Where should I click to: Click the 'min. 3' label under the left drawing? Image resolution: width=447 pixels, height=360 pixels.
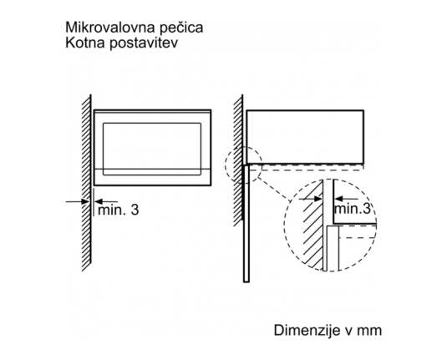click(x=119, y=210)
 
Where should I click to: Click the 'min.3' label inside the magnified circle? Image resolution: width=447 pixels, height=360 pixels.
click(x=353, y=208)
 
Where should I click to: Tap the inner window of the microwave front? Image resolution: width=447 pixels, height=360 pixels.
click(x=152, y=149)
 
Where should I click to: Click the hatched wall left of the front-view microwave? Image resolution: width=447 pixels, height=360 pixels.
click(x=86, y=182)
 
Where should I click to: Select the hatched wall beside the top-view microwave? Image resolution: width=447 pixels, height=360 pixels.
click(x=238, y=160)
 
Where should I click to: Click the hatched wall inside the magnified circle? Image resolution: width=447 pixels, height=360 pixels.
click(x=312, y=228)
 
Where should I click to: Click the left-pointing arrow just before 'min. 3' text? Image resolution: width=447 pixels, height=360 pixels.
click(x=106, y=201)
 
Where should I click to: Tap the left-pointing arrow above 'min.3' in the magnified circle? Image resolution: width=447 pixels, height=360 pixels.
click(x=347, y=199)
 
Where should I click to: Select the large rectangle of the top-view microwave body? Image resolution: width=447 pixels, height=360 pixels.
click(x=305, y=137)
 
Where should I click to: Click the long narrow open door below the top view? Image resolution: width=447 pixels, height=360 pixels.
click(x=246, y=224)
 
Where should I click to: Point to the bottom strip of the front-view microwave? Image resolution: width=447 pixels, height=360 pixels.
click(x=153, y=177)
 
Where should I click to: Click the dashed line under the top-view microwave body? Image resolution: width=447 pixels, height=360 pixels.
click(x=306, y=170)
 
